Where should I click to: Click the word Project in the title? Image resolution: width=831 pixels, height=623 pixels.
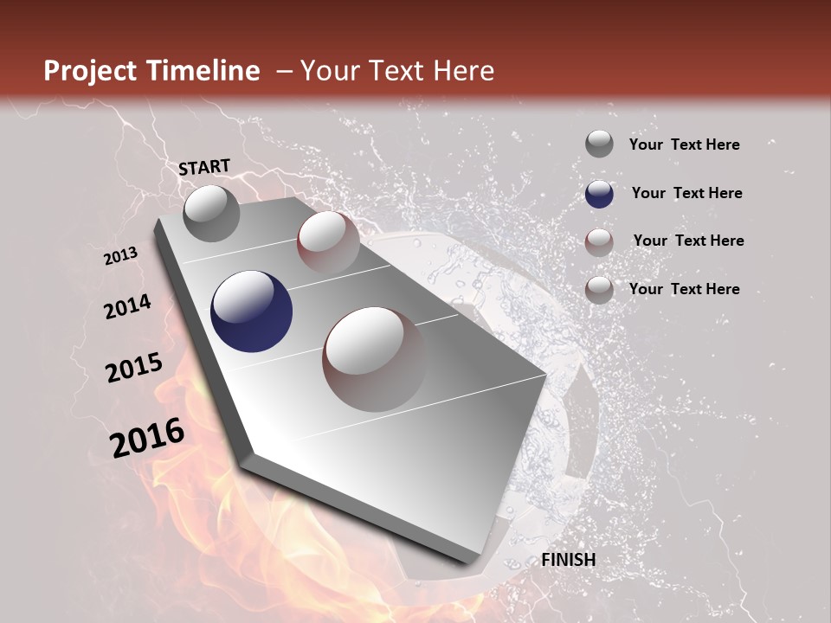89,71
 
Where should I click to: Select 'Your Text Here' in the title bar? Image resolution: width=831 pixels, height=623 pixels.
396,71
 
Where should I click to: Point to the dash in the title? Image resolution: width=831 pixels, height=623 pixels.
283,72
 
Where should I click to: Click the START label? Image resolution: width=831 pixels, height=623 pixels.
204,166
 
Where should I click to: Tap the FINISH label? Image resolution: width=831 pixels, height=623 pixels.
569,560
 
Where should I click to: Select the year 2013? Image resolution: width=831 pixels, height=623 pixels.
121,256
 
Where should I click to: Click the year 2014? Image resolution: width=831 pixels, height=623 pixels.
128,306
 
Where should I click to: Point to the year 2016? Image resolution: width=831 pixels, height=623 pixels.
147,438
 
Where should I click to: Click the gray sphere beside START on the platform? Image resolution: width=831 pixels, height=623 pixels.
211,213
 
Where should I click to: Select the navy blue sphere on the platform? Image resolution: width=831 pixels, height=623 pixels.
252,312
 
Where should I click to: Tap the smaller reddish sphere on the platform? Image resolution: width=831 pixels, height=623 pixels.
328,242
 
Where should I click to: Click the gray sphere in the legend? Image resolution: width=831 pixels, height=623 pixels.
599,144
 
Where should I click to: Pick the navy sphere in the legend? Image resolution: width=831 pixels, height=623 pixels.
599,193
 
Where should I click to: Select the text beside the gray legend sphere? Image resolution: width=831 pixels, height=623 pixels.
685,145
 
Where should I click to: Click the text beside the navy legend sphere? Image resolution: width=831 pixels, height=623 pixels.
687,193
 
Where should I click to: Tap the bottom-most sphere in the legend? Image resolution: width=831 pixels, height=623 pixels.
599,290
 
